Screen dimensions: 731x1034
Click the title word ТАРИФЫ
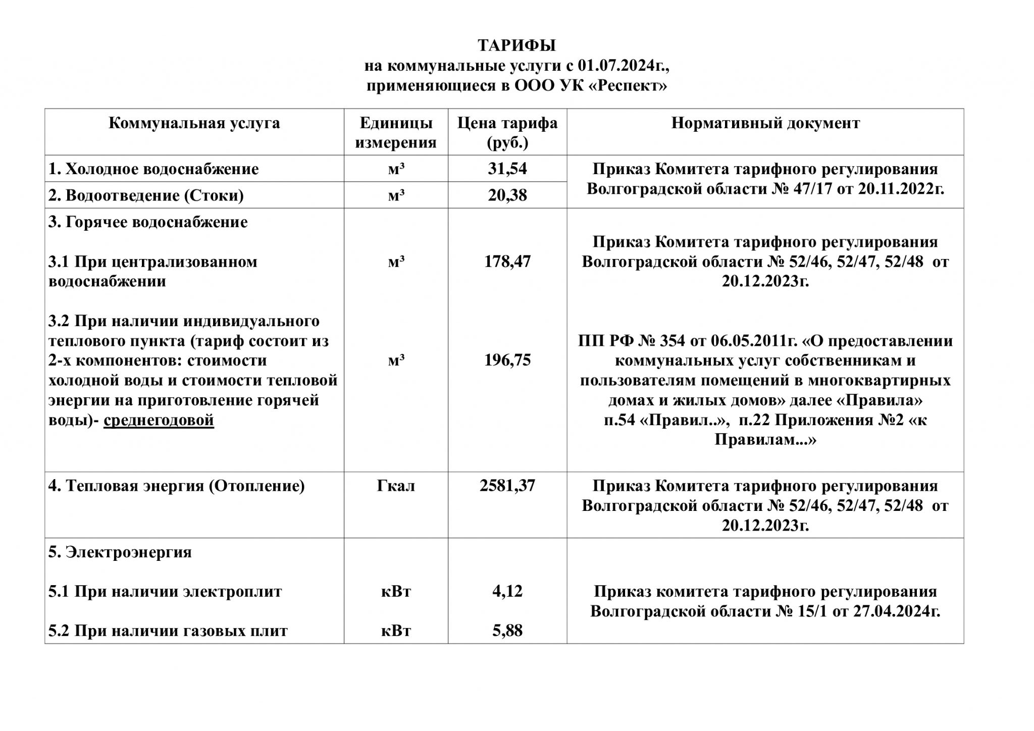(x=516, y=46)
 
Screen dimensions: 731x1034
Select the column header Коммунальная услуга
(x=194, y=124)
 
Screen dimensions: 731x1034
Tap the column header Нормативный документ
(x=765, y=124)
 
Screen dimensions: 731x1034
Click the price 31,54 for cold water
(x=507, y=169)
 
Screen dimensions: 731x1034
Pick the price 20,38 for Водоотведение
(x=507, y=195)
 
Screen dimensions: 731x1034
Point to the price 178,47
(x=507, y=262)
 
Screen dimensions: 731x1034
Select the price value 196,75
(x=507, y=360)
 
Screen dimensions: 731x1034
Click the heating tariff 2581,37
(x=507, y=486)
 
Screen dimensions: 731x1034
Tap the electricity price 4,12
(x=507, y=591)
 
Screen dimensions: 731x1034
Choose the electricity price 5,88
(x=507, y=631)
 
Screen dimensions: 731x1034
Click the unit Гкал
(x=396, y=486)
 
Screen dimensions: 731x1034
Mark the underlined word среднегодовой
(x=159, y=420)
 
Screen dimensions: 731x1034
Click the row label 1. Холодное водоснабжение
(x=153, y=169)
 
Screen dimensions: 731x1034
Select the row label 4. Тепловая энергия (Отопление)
(x=177, y=486)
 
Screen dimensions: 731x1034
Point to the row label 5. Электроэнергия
(x=120, y=552)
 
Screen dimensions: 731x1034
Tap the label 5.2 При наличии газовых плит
(x=168, y=631)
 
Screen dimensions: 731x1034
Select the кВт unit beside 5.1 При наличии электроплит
(x=396, y=591)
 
